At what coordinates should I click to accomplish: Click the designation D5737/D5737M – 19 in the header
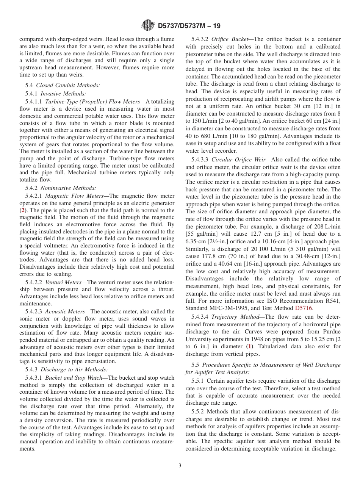coord(188,26)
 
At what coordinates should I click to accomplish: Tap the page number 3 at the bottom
coord(180,466)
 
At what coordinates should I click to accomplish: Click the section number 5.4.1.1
coord(34,102)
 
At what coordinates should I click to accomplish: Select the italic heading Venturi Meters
coord(63,282)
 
